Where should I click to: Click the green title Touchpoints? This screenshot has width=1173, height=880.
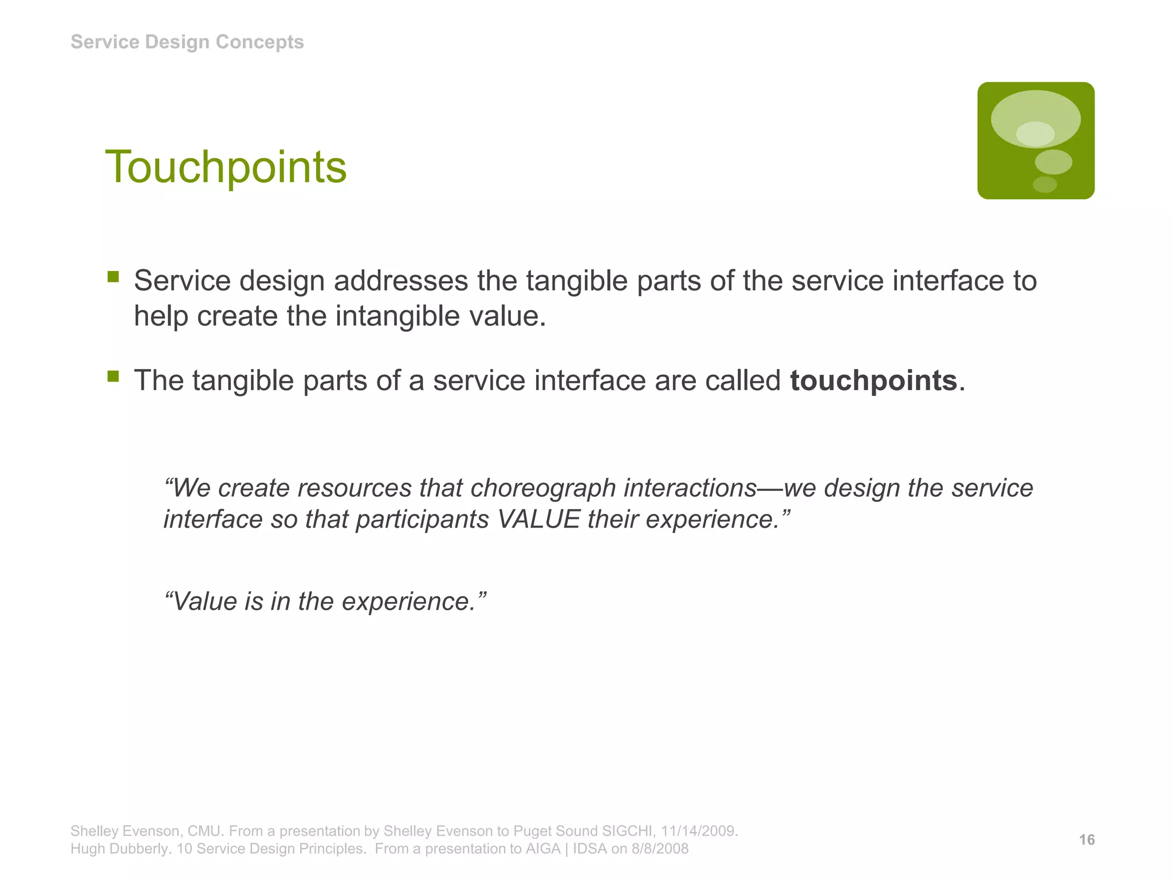pyautogui.click(x=226, y=167)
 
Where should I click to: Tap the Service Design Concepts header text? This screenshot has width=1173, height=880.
pyautogui.click(x=187, y=42)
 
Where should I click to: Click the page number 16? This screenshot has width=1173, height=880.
pyautogui.click(x=1087, y=840)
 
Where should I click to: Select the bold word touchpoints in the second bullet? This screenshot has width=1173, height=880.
pyautogui.click(x=873, y=380)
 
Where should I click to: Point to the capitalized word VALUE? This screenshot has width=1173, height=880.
pyautogui.click(x=539, y=519)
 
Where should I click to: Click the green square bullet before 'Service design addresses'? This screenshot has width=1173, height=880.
pyautogui.click(x=113, y=277)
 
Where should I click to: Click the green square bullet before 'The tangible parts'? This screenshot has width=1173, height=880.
pyautogui.click(x=113, y=376)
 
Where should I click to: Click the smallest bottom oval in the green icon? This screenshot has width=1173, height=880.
pyautogui.click(x=1044, y=184)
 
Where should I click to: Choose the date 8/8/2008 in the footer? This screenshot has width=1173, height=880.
pyautogui.click(x=660, y=848)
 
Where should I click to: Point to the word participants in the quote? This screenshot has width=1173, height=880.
pyautogui.click(x=422, y=519)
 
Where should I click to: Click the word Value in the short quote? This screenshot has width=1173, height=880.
pyautogui.click(x=204, y=602)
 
